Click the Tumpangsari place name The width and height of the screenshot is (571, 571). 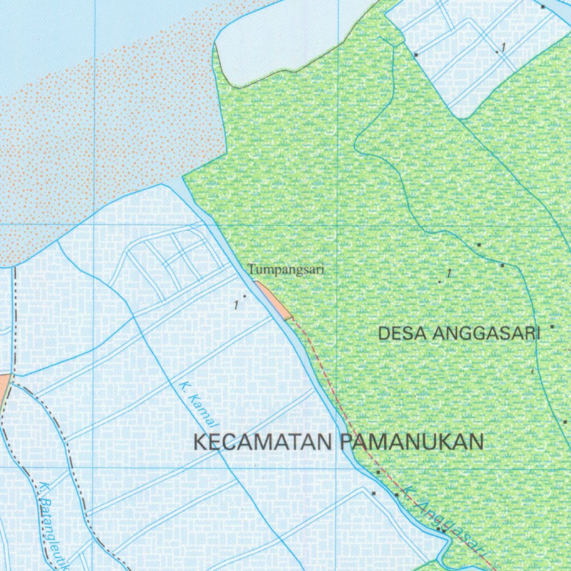click(x=286, y=270)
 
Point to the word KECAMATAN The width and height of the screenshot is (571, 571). click(x=263, y=442)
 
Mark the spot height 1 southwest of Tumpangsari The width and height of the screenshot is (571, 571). click(x=236, y=305)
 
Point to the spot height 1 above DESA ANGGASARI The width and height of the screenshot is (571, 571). click(x=449, y=273)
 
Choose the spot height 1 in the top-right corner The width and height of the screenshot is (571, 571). click(x=503, y=47)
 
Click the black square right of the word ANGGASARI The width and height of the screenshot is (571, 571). click(x=553, y=327)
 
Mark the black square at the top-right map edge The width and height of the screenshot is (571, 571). click(x=543, y=7)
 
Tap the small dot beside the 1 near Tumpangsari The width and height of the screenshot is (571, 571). click(x=245, y=296)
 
